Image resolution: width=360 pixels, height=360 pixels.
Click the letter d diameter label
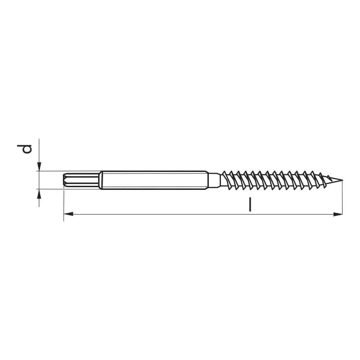24,149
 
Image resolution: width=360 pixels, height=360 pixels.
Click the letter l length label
250,205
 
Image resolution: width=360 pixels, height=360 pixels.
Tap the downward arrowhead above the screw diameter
39,166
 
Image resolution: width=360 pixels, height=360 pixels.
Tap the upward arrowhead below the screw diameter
39,194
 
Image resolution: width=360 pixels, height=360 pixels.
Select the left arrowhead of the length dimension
68,214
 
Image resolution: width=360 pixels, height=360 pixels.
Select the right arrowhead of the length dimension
338,214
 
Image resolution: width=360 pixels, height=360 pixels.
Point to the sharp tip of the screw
342,180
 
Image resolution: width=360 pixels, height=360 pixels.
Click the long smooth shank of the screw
154,180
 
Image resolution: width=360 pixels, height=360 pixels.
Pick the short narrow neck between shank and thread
215,180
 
